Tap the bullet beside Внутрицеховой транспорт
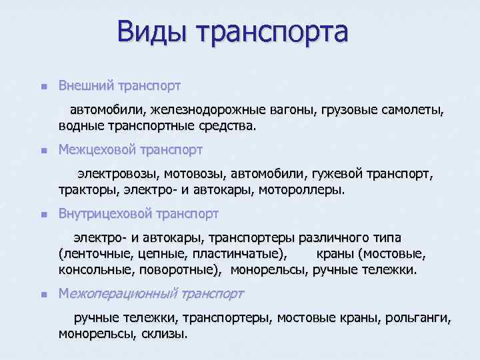[43, 215]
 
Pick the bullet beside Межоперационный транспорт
[43, 294]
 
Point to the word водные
[79, 125]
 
